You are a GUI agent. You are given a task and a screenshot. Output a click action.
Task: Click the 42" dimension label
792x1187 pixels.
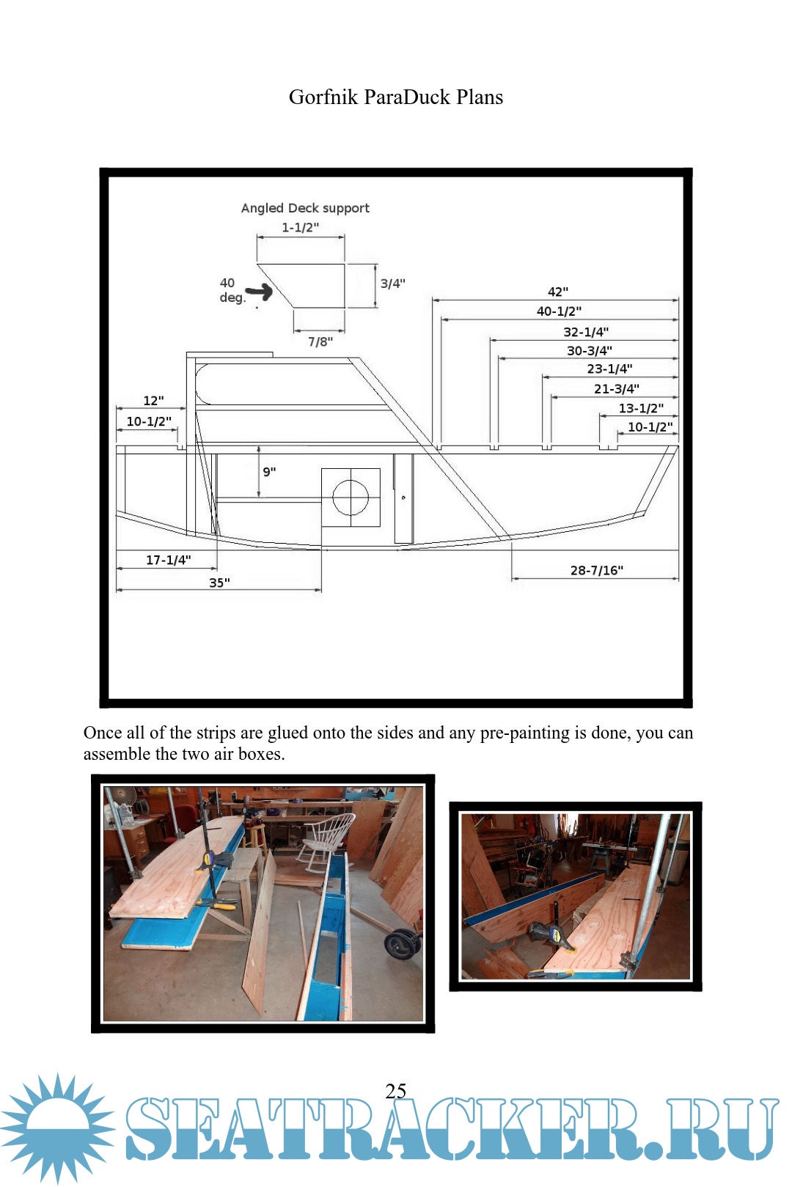558,292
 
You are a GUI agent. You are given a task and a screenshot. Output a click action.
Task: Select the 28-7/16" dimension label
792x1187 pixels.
597,570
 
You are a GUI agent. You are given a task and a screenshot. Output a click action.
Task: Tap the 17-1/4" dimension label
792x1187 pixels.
168,560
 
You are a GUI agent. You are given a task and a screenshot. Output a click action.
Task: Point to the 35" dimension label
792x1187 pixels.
219,583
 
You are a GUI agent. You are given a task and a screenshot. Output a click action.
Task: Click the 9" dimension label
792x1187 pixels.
269,472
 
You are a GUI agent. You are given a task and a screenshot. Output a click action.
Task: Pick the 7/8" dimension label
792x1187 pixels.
320,341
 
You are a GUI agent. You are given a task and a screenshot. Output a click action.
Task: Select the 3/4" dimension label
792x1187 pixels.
392,284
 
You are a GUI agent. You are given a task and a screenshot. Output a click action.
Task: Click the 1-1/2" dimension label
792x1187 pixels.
300,227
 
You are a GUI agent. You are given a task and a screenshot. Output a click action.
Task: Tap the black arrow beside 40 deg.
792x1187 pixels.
260,293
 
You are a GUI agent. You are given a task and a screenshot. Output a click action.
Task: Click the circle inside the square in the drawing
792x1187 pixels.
351,498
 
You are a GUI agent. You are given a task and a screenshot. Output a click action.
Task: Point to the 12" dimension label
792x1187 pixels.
153,401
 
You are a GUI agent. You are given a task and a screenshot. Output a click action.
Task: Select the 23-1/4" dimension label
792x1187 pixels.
609,369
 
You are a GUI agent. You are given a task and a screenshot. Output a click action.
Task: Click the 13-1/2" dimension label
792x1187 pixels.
641,408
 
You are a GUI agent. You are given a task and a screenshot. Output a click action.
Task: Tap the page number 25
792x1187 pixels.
396,1090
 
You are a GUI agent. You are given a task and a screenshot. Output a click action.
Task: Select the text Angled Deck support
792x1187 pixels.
305,208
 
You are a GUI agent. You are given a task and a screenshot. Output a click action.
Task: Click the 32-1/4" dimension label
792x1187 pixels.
586,332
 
